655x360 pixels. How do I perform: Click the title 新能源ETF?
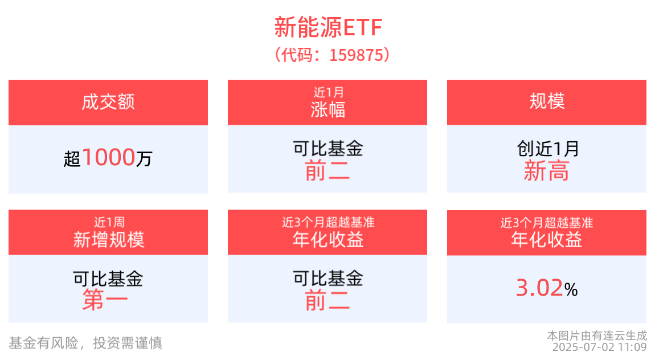327,27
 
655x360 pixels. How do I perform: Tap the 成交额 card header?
108,103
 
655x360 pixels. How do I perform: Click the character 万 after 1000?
144,158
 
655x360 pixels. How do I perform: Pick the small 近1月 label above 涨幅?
327,91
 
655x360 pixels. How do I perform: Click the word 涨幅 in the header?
327,109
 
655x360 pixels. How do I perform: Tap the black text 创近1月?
547,149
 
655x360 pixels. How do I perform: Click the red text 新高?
547,171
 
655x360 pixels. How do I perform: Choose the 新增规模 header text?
108,240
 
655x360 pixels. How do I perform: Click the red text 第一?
105,300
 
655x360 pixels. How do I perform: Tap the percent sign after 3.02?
571,291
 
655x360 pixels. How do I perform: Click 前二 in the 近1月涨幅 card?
327,171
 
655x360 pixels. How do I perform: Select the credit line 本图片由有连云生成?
597,335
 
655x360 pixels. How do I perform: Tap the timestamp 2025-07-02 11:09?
599,346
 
